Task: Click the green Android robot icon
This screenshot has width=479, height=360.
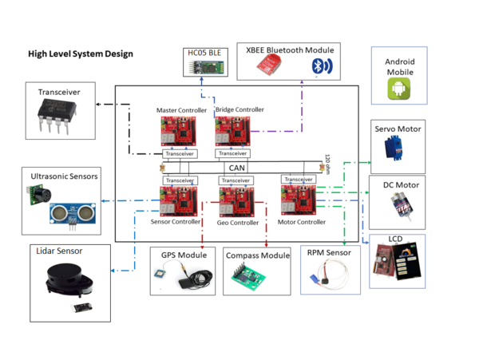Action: [398, 89]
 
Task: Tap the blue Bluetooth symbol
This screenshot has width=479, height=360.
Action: [322, 65]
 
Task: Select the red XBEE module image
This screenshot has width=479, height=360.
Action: [269, 65]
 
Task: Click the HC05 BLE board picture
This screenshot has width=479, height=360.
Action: [206, 67]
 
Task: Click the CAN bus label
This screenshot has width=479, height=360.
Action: [237, 168]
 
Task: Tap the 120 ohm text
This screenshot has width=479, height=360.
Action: [327, 164]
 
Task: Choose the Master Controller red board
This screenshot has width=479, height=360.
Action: [178, 131]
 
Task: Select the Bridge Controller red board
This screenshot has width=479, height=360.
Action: [233, 131]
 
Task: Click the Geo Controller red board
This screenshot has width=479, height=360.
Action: [237, 202]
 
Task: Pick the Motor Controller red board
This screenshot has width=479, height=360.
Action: [299, 200]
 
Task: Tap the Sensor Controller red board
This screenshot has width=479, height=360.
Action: [178, 201]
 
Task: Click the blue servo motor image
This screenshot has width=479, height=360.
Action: [394, 148]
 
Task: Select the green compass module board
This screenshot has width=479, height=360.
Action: [248, 275]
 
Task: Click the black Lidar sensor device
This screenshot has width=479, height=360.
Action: [69, 280]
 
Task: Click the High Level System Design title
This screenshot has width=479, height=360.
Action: [81, 53]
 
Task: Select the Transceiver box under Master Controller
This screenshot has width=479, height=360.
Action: [180, 153]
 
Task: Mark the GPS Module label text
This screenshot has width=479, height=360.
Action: [184, 255]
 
